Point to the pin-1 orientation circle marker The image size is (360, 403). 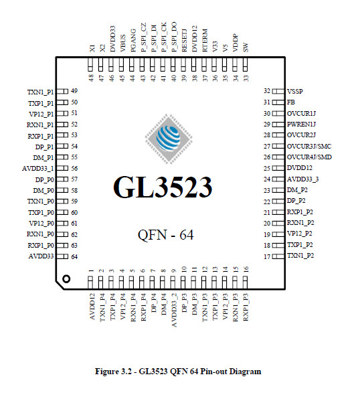66,278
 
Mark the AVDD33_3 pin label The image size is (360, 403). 302,179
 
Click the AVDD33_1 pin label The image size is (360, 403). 39,168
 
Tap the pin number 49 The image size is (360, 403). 74,91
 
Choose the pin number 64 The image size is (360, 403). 74,256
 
